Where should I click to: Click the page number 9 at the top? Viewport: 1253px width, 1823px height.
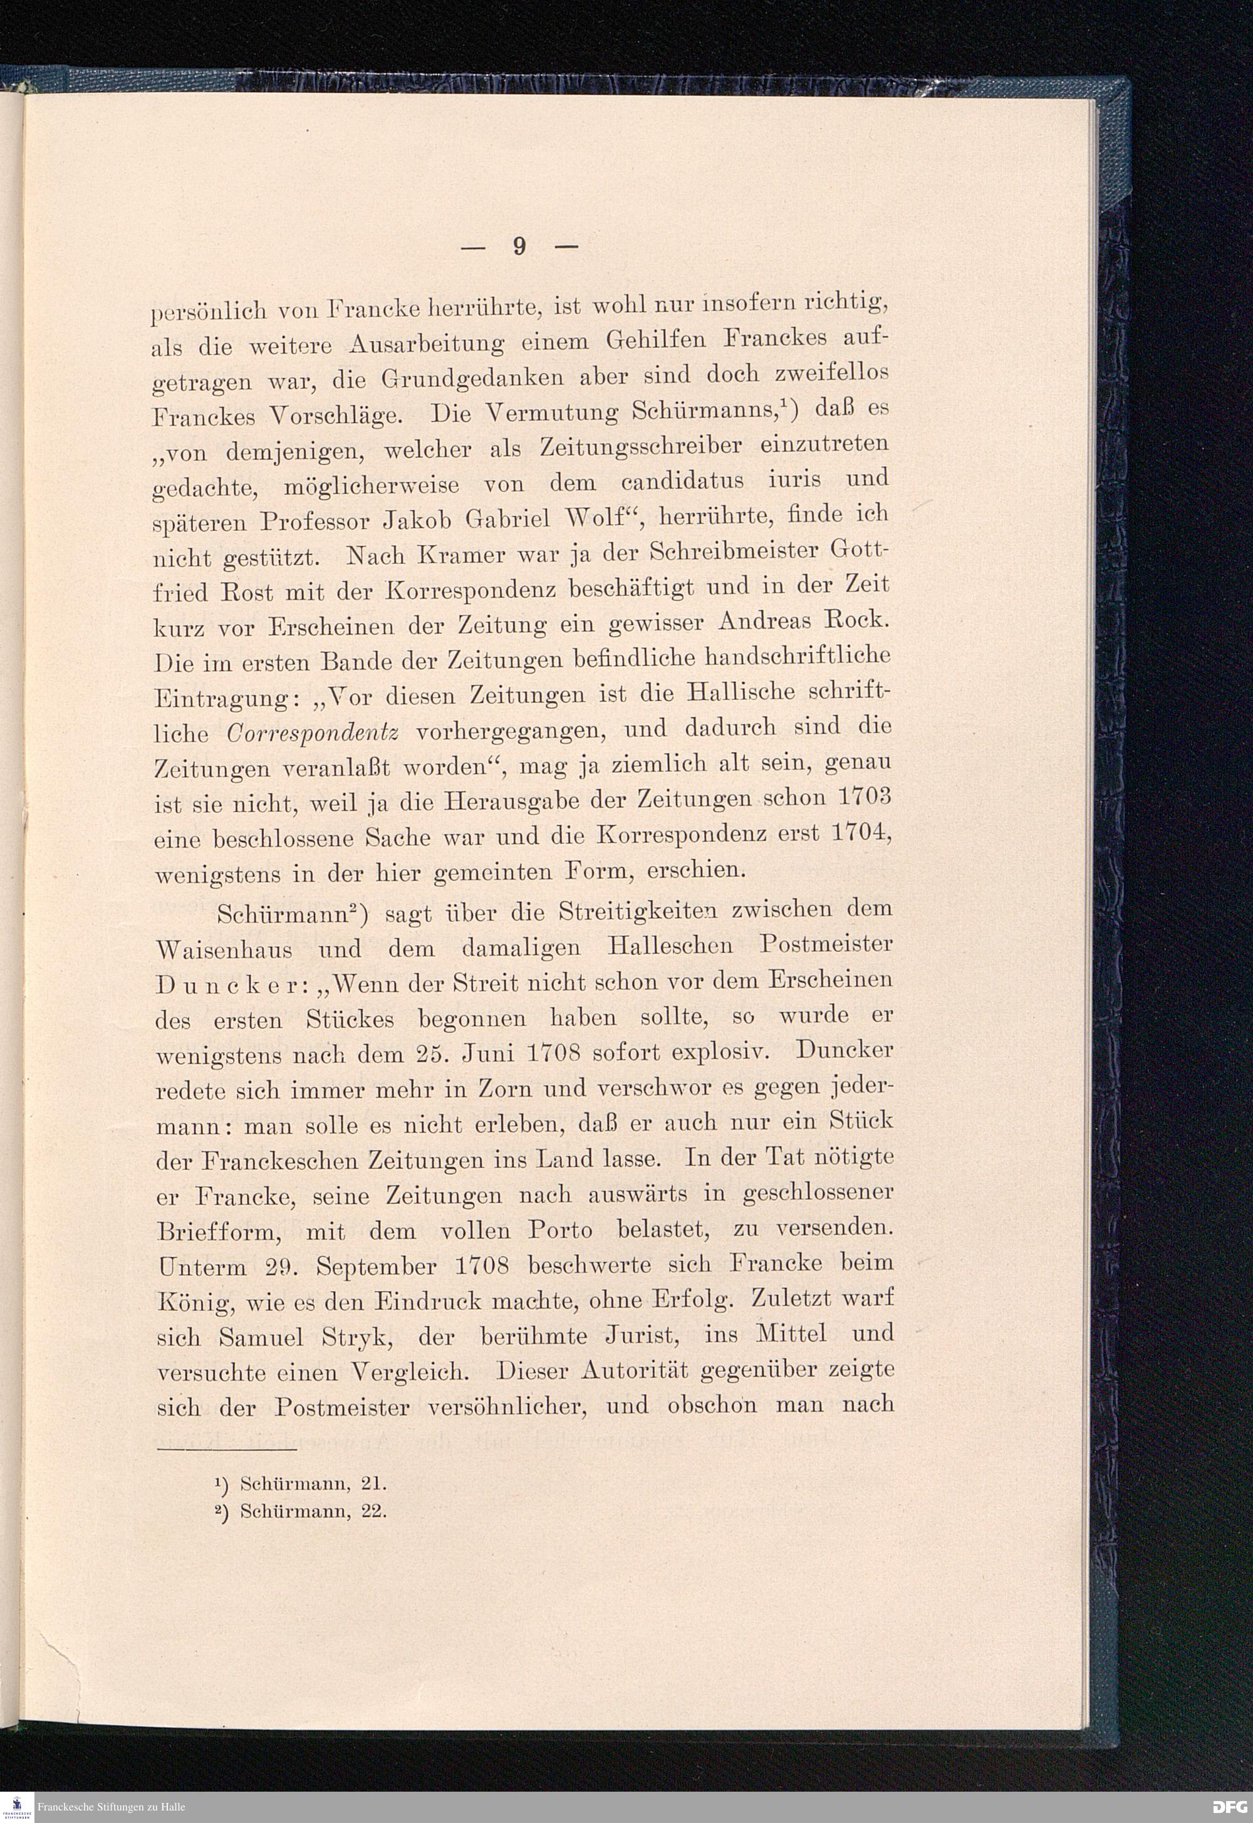518,246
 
